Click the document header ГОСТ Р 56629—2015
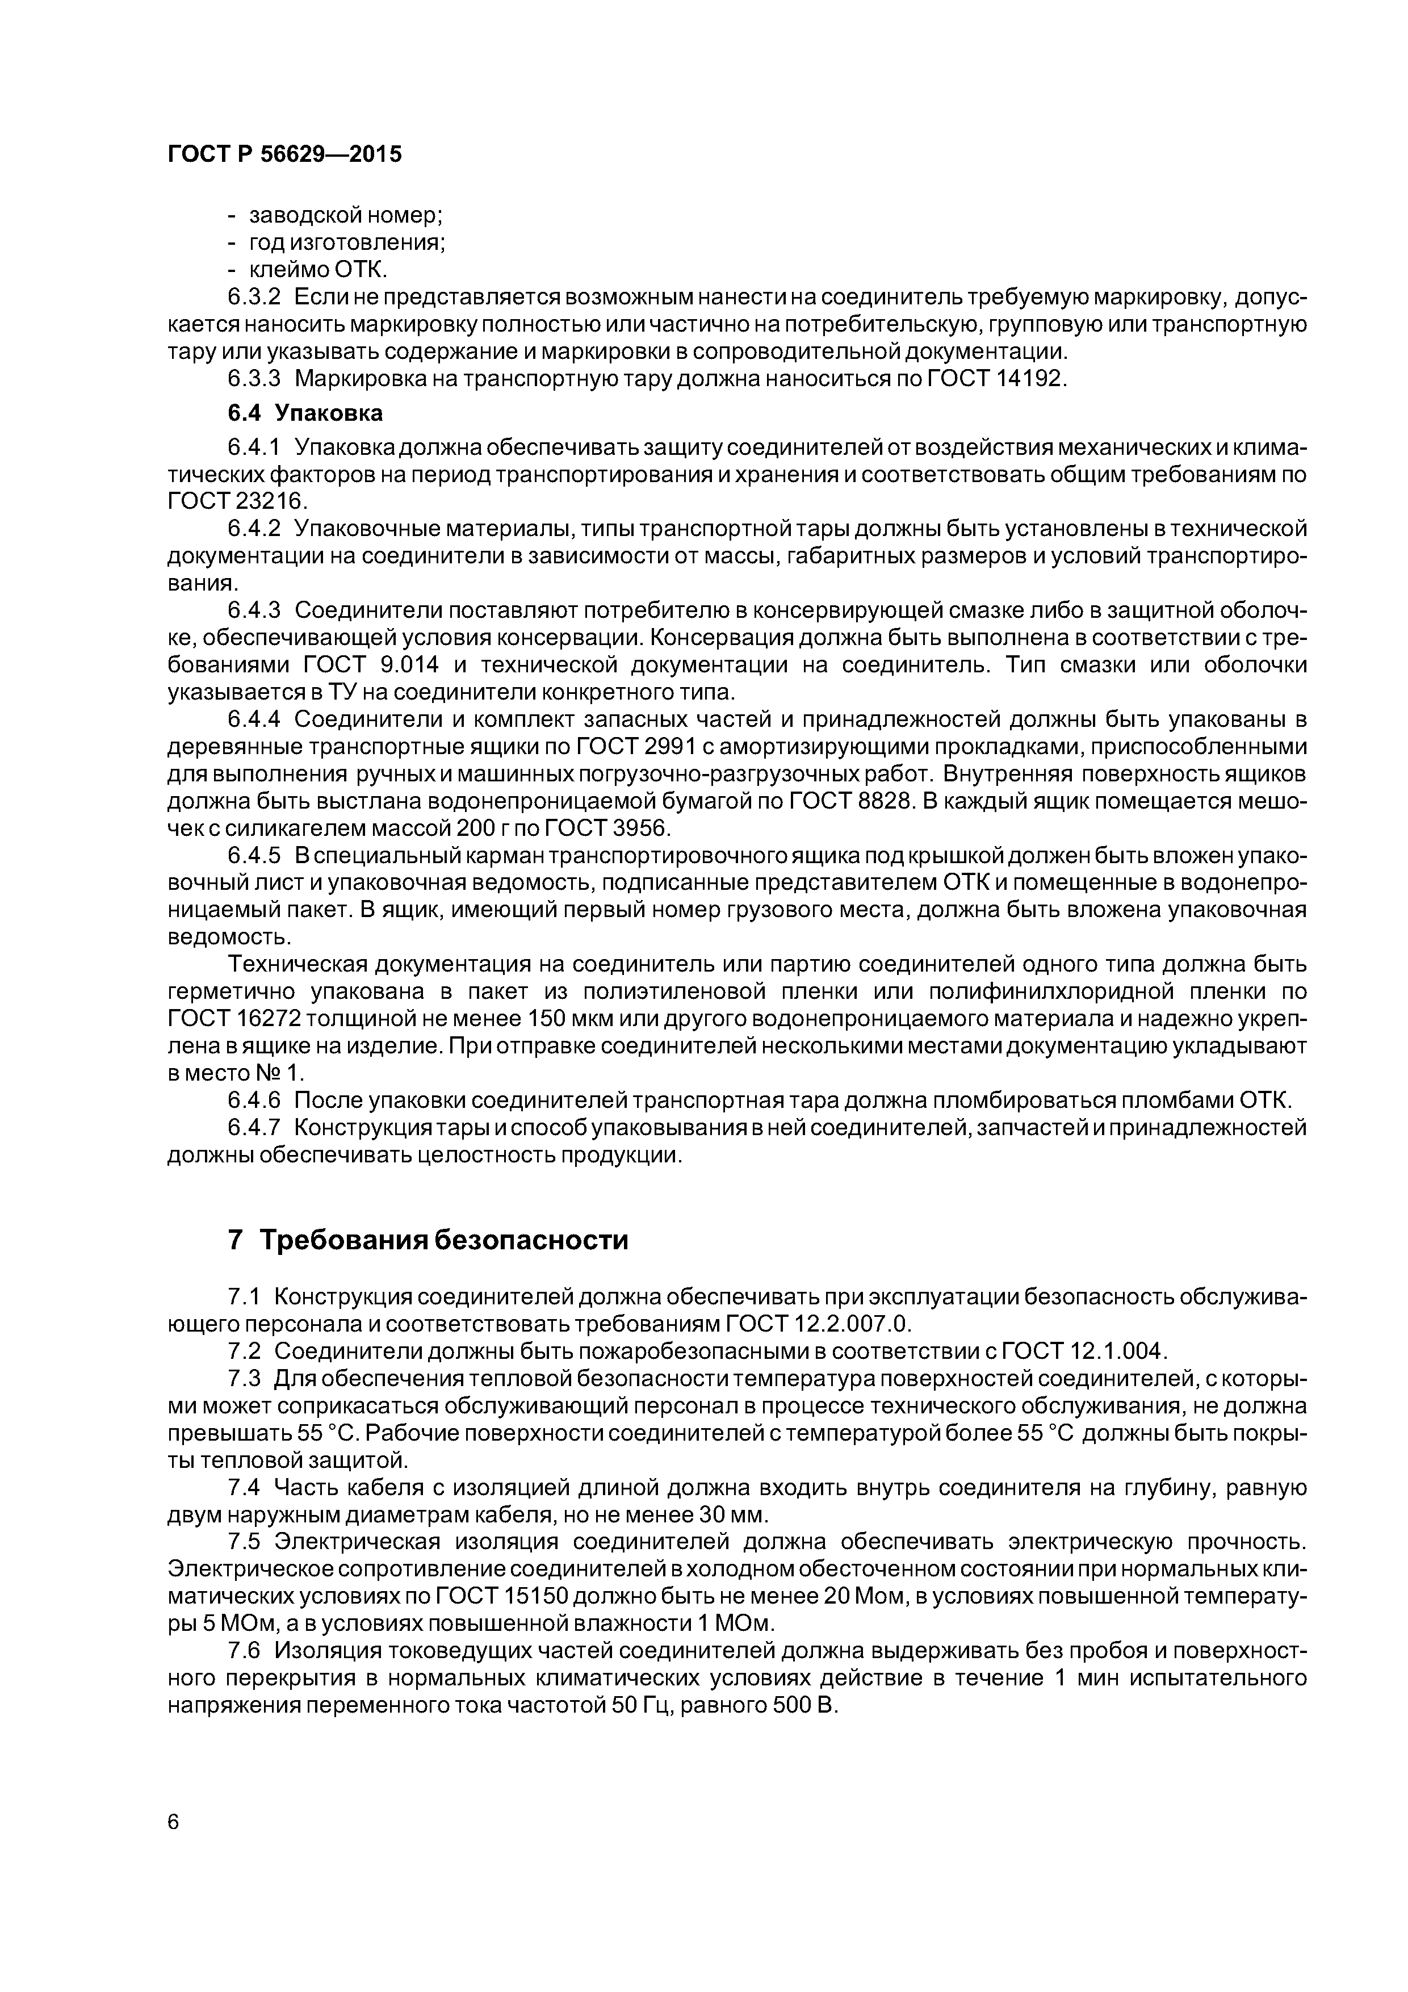[284, 154]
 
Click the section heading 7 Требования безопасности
[427, 1241]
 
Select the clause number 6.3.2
[254, 298]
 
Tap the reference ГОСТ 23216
[237, 503]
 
